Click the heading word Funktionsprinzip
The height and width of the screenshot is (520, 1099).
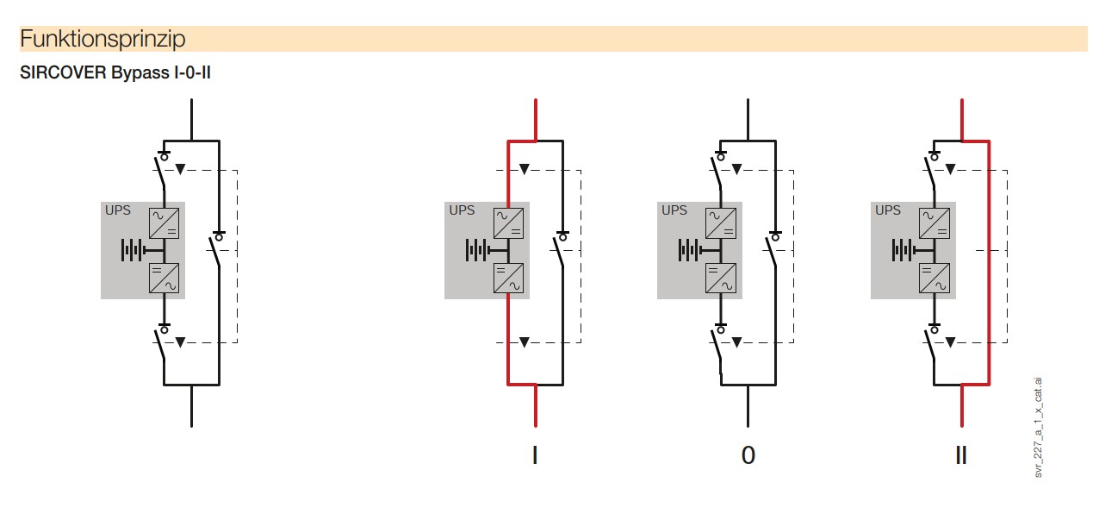click(x=102, y=39)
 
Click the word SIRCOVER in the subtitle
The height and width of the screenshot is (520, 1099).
click(x=63, y=72)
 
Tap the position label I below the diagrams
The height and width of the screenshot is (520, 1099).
click(x=535, y=455)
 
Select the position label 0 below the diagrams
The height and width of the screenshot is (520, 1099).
click(x=748, y=455)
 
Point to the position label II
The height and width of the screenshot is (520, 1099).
click(x=961, y=455)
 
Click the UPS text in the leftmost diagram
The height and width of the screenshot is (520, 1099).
click(x=118, y=210)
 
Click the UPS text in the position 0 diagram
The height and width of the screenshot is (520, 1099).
click(x=674, y=210)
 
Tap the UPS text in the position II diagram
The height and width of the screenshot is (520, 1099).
click(x=887, y=210)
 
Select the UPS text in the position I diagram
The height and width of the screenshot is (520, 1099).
click(x=462, y=210)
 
